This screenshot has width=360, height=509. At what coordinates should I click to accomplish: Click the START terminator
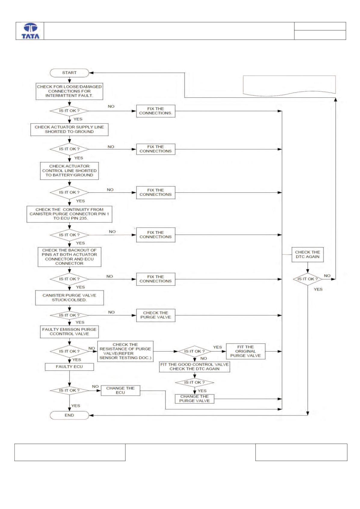pyautogui.click(x=69, y=73)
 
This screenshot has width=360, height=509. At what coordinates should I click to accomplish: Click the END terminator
pyautogui.click(x=69, y=415)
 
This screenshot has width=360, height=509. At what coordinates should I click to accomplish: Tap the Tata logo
pyautogui.click(x=30, y=31)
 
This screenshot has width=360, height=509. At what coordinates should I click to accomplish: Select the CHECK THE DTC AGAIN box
pyautogui.click(x=307, y=254)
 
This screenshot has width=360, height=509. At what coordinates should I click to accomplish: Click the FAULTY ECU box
pyautogui.click(x=69, y=367)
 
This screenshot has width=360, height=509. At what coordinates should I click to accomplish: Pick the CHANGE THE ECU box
pyautogui.click(x=121, y=390)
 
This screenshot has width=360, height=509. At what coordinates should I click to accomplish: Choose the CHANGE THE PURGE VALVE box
pyautogui.click(x=195, y=399)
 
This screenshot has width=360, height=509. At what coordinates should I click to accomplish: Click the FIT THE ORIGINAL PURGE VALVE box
pyautogui.click(x=246, y=351)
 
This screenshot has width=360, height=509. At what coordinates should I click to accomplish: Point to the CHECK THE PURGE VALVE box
pyautogui.click(x=156, y=315)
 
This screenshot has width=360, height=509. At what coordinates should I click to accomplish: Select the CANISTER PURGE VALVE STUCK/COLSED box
pyautogui.click(x=69, y=298)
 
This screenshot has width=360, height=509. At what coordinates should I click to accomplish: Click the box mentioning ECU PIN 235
pyautogui.click(x=69, y=214)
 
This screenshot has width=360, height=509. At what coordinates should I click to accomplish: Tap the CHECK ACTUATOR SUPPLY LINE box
pyautogui.click(x=69, y=130)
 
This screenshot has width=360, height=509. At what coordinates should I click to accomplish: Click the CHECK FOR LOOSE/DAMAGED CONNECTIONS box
pyautogui.click(x=69, y=91)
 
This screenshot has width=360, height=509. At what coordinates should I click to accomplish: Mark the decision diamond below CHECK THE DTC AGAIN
pyautogui.click(x=308, y=279)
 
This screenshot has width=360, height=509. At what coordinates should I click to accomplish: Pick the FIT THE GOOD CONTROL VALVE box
pyautogui.click(x=195, y=367)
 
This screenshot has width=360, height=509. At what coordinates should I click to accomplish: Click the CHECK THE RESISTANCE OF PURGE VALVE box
pyautogui.click(x=125, y=351)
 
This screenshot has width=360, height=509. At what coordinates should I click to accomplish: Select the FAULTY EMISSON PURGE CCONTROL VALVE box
pyautogui.click(x=69, y=332)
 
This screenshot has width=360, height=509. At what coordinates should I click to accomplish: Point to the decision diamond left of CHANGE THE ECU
pyautogui.click(x=69, y=391)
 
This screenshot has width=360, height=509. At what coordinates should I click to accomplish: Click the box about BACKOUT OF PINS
pyautogui.click(x=69, y=257)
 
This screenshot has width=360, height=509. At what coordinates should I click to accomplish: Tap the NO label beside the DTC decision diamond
pyautogui.click(x=327, y=276)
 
